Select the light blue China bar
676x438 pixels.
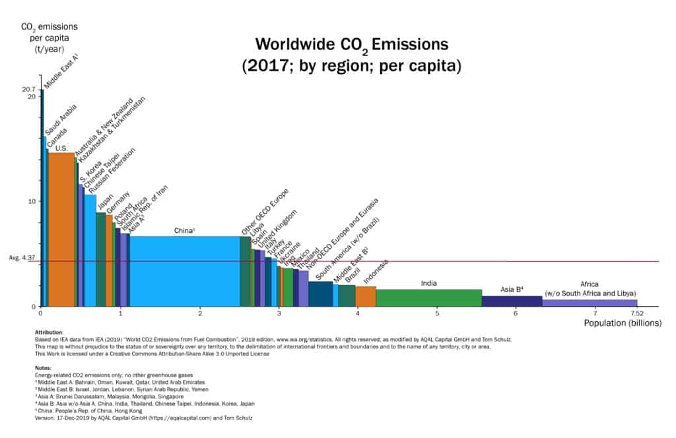coord(186,271)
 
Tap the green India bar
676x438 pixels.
coord(428,297)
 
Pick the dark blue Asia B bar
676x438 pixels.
coord(512,301)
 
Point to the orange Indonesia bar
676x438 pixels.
coord(366,296)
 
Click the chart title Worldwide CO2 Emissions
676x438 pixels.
coord(351,45)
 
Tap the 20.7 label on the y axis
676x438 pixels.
coord(28,88)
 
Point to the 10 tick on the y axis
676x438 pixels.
coord(31,201)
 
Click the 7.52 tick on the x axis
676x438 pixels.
coord(636,312)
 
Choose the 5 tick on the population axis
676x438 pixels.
coord(437,312)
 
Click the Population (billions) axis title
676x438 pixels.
coord(621,323)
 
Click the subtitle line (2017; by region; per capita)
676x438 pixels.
coord(351,67)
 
